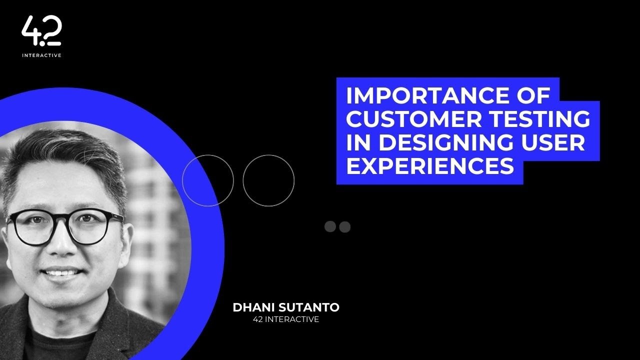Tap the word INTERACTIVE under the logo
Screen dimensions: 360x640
[41, 55]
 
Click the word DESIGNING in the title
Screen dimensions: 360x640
[445, 143]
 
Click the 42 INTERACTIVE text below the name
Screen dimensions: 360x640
[286, 319]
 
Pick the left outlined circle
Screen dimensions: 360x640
[208, 180]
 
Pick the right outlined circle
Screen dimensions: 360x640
[268, 180]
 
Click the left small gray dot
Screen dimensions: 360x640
[330, 226]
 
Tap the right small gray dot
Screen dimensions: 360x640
[345, 226]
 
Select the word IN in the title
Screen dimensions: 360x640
[359, 143]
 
